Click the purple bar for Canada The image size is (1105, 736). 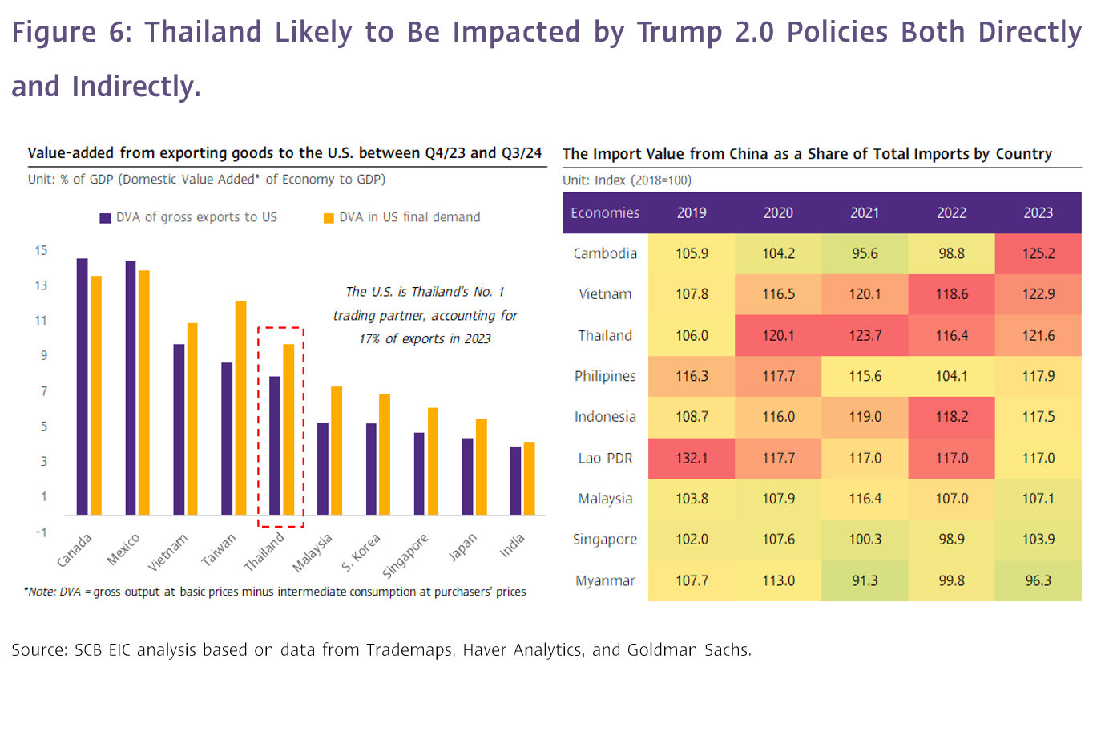click(x=82, y=386)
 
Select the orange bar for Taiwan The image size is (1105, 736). click(x=240, y=407)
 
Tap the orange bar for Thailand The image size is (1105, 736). click(x=288, y=429)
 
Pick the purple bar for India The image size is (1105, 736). click(x=515, y=480)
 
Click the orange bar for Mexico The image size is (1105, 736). click(x=144, y=392)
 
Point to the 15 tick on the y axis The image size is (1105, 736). click(x=41, y=250)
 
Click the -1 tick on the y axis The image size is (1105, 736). click(x=41, y=532)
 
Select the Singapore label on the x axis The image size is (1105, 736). click(x=405, y=555)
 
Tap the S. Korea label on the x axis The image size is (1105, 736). click(x=361, y=552)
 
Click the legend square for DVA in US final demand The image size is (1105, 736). click(x=329, y=218)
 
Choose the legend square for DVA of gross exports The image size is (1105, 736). click(x=105, y=218)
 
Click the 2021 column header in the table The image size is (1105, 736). click(x=865, y=212)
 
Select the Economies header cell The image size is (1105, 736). click(x=605, y=212)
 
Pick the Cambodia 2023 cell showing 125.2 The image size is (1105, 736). click(x=1038, y=253)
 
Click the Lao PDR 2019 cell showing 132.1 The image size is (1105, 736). click(x=692, y=458)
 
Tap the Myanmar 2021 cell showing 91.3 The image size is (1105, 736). click(x=865, y=580)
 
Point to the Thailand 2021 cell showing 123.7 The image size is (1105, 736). click(x=865, y=335)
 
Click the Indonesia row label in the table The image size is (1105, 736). click(x=605, y=417)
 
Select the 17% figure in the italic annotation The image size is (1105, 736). click(x=369, y=338)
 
